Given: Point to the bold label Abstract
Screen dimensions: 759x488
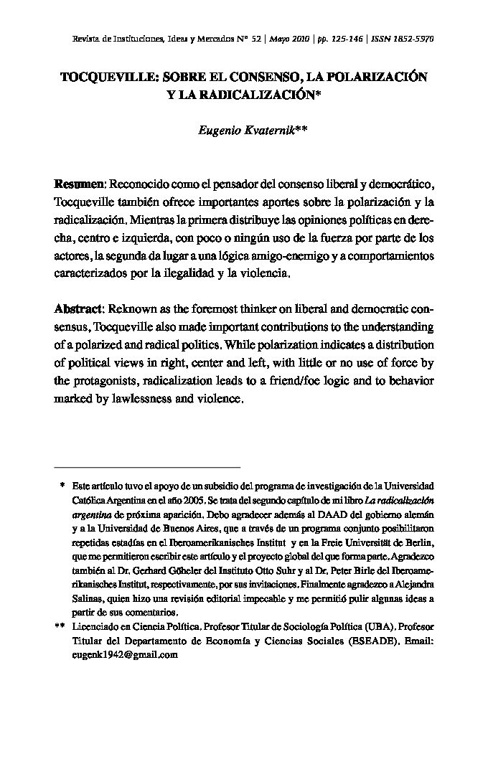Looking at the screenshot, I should pyautogui.click(x=79, y=308).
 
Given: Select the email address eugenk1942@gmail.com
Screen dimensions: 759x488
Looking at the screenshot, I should pyautogui.click(x=124, y=654).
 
